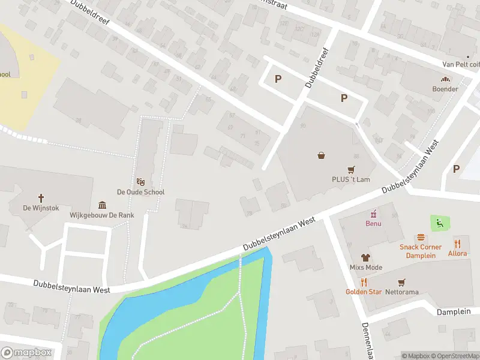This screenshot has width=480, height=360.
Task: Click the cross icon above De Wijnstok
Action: click(x=41, y=197)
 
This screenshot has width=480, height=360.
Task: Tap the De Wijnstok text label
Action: click(x=41, y=208)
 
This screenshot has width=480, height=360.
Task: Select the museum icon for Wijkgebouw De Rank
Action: click(x=102, y=205)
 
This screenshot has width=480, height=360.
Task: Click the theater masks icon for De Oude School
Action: click(x=140, y=181)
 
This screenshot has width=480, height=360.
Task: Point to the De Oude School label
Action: click(x=140, y=192)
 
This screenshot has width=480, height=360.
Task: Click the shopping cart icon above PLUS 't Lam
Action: click(x=351, y=169)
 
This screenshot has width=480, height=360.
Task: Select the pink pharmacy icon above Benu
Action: click(x=374, y=214)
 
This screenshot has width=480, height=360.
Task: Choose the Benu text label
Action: click(x=374, y=224)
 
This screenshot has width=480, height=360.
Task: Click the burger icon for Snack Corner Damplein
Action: click(x=421, y=237)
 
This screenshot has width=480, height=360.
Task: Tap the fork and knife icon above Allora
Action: click(x=457, y=243)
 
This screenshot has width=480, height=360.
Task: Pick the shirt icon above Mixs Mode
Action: click(x=366, y=257)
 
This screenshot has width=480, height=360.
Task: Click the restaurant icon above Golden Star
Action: click(x=364, y=282)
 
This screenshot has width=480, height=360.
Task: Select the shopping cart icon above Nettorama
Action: click(x=401, y=282)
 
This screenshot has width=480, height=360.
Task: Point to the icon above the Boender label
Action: click(x=445, y=79)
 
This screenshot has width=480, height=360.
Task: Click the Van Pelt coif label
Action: click(x=461, y=64)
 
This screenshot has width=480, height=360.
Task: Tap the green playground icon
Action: click(x=440, y=224)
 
